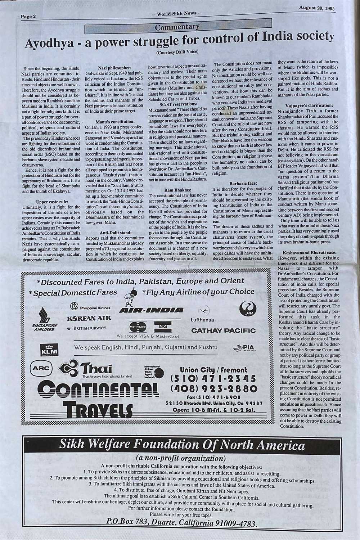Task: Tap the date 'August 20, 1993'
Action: pos(316,8)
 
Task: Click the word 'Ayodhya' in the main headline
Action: pos(50,44)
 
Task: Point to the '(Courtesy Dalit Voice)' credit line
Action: pos(177,53)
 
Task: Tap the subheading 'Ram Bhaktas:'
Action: pos(177,189)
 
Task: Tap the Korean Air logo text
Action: pos(89,318)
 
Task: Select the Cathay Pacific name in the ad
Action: pos(223,330)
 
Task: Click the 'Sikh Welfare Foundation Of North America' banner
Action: pos(182,446)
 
